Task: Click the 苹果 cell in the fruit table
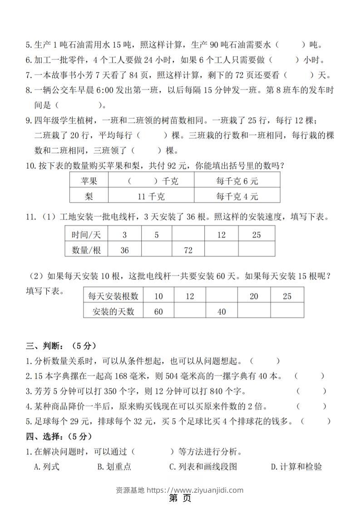point(89,181)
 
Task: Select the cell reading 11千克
point(151,196)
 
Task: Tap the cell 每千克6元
point(237,181)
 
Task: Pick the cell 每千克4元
point(237,196)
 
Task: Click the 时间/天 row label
point(86,235)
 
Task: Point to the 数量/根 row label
point(86,250)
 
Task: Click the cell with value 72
point(187,250)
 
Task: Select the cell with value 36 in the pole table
point(124,250)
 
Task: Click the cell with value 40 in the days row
point(221,311)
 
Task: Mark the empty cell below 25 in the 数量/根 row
point(256,250)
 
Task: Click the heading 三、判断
point(60,346)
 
